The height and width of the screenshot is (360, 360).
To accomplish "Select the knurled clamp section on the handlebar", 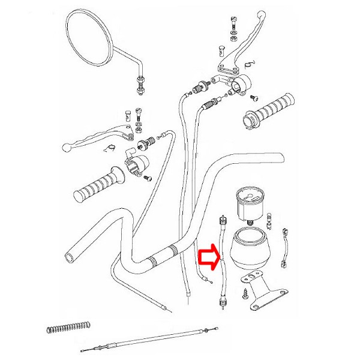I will point(157,261).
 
